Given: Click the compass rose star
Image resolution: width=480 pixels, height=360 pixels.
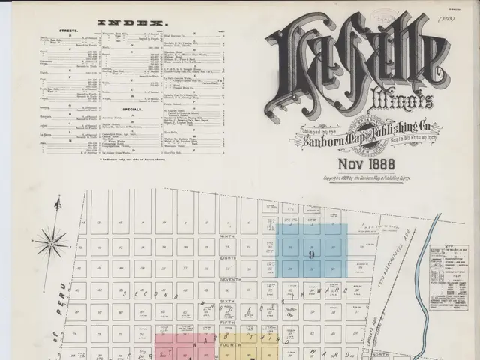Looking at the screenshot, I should coord(51,243).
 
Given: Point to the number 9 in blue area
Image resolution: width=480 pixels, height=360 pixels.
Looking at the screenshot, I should coord(310,255).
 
